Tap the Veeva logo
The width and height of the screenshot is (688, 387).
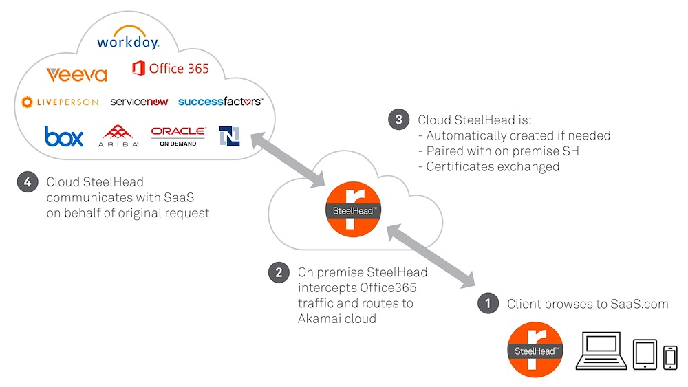pyautogui.click(x=76, y=74)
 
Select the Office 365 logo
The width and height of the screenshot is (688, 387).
pyautogui.click(x=170, y=69)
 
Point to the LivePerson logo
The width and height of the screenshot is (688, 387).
pyautogui.click(x=60, y=102)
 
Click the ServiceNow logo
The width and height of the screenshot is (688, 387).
pyautogui.click(x=139, y=102)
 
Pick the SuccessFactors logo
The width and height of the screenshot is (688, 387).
pyautogui.click(x=219, y=102)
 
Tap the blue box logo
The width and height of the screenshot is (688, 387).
pyautogui.click(x=64, y=136)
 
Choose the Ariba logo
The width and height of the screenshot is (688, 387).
pyautogui.click(x=120, y=136)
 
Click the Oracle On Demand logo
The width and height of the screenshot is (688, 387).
pyautogui.click(x=178, y=135)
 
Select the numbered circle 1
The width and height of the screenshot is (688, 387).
pyautogui.click(x=488, y=303)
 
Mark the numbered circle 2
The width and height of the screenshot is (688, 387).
pyautogui.click(x=278, y=272)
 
